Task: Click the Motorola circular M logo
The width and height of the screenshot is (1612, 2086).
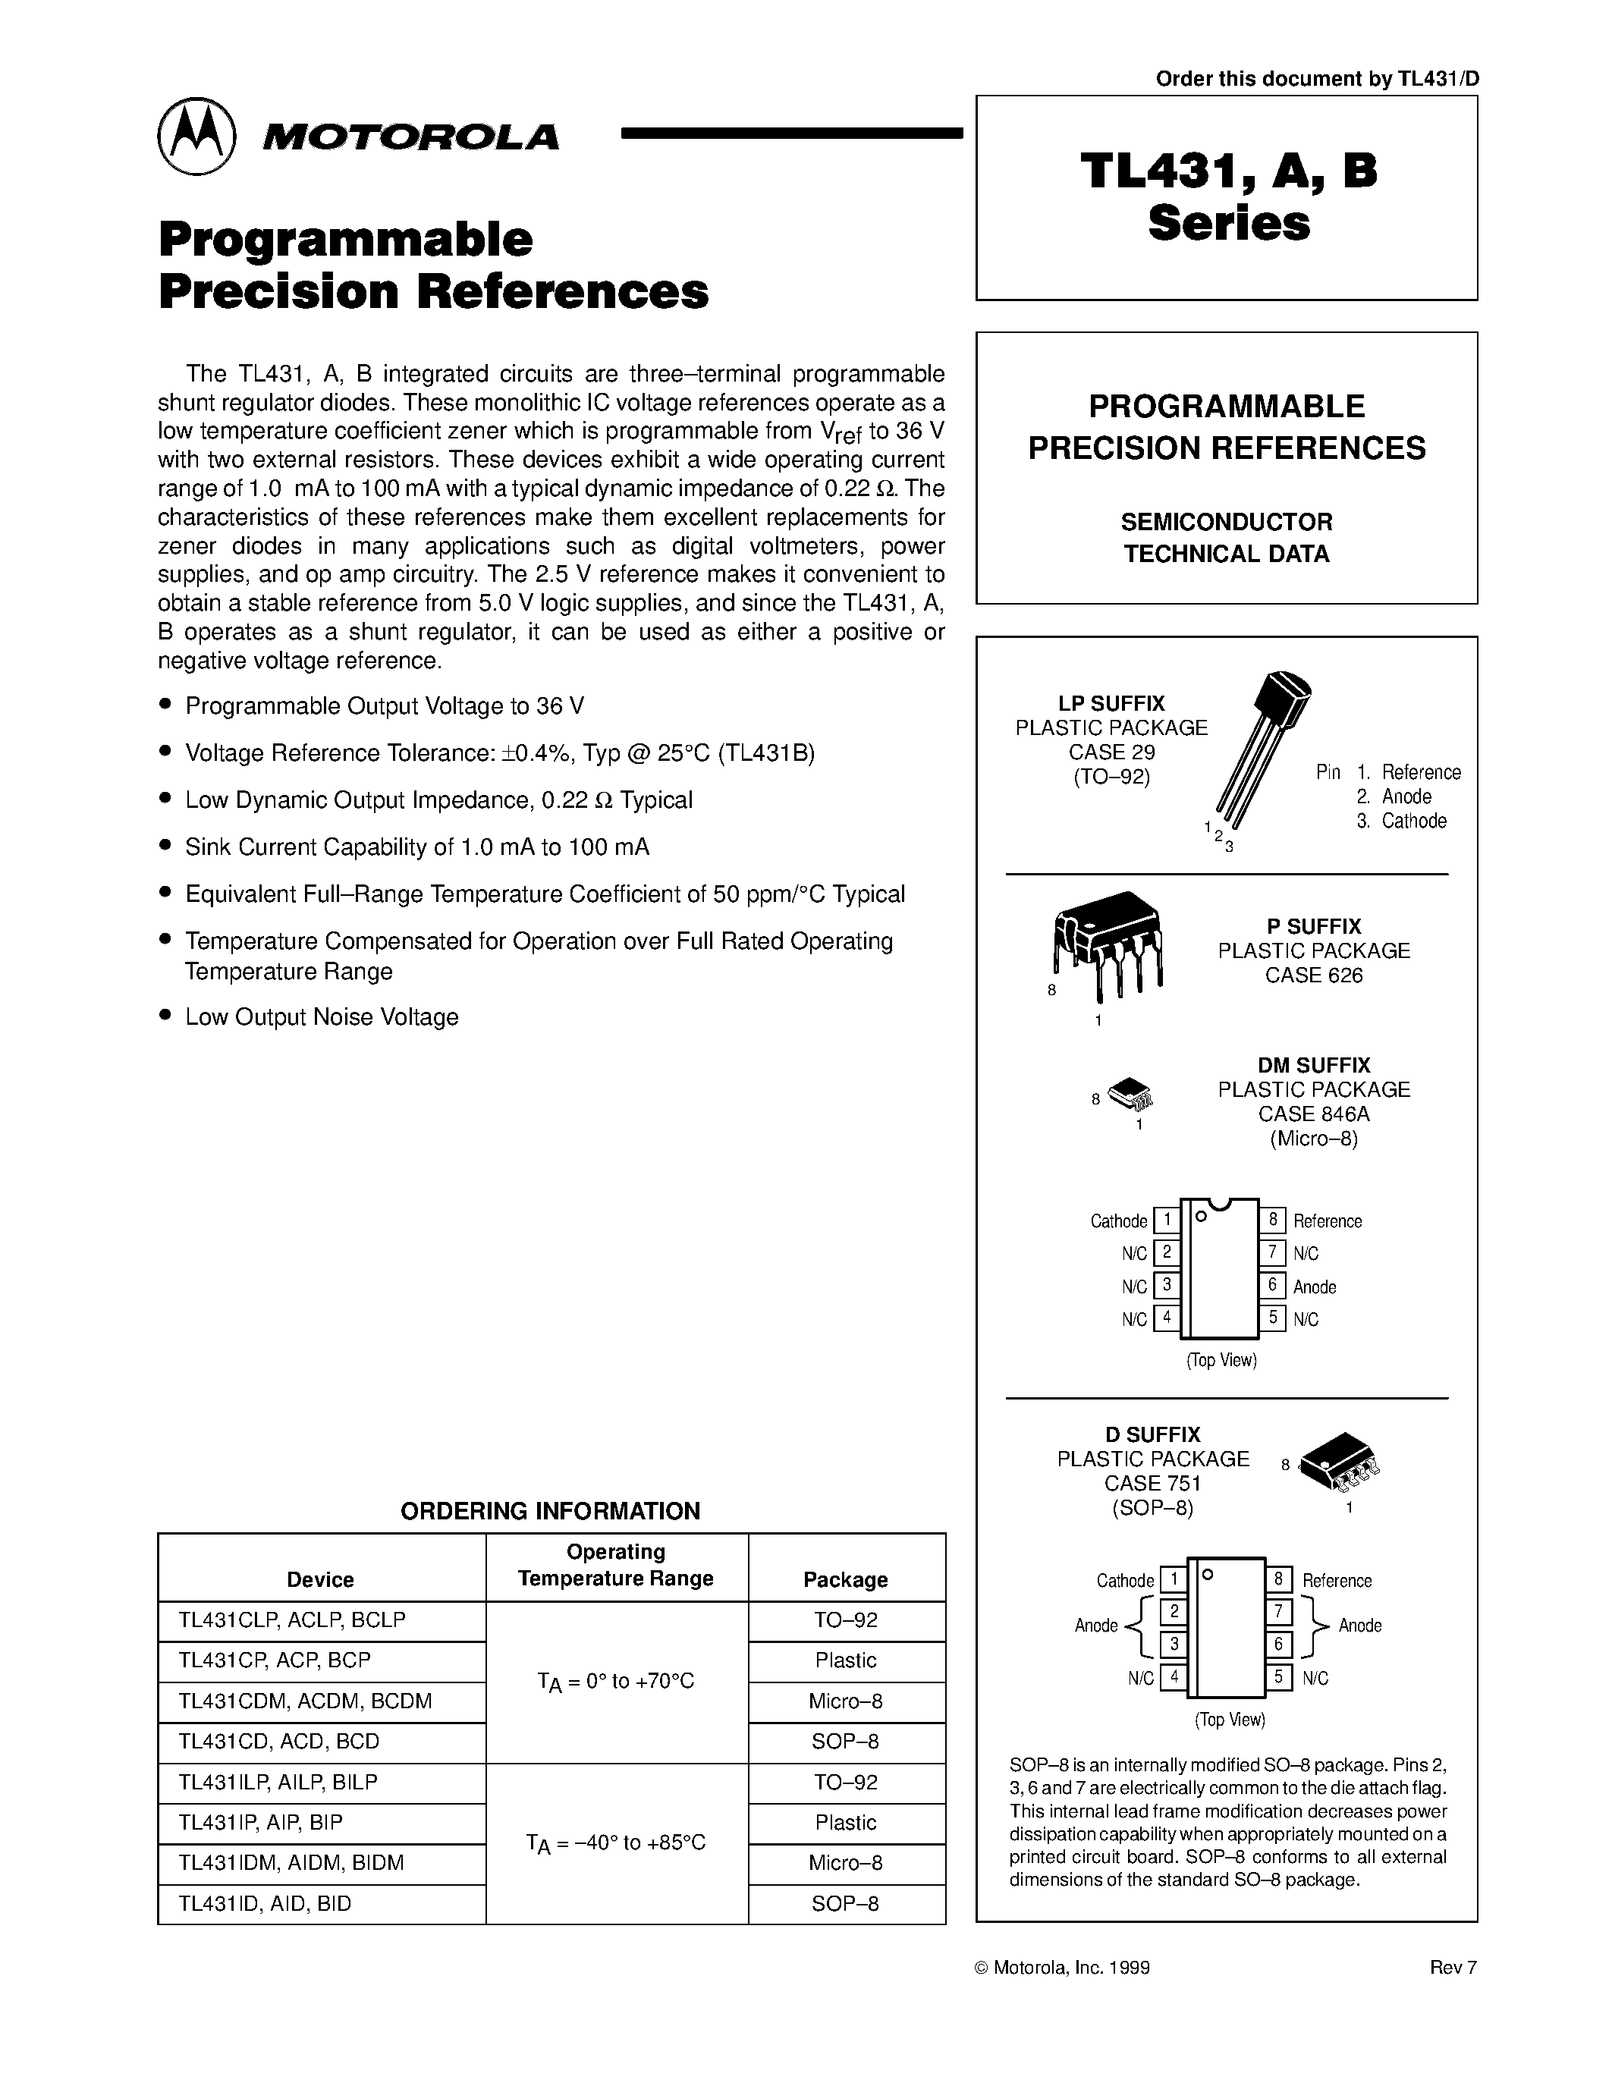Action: click(196, 136)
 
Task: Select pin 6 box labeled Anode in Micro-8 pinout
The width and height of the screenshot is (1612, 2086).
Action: click(1272, 1286)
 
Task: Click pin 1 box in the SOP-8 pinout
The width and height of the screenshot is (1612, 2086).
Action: click(1173, 1580)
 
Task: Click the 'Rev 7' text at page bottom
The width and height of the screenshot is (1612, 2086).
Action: click(1453, 1968)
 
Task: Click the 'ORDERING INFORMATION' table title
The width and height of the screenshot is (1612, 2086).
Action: click(550, 1511)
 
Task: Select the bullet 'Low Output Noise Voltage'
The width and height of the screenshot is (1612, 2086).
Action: click(322, 1017)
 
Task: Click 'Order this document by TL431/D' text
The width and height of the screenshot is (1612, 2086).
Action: click(1317, 80)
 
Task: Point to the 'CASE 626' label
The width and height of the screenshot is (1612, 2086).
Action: click(1313, 975)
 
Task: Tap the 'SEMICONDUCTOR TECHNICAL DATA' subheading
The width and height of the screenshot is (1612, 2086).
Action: click(1226, 538)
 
